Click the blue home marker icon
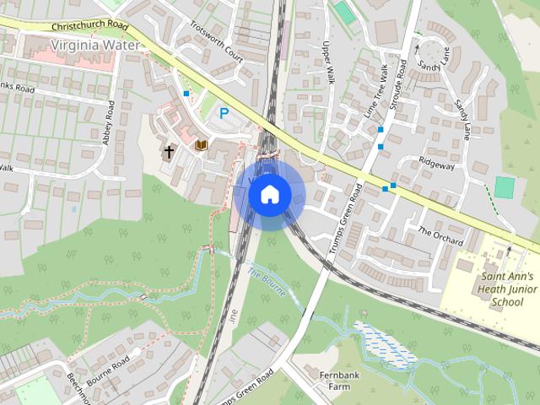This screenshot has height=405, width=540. point(269,194)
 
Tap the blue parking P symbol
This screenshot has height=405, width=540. point(224,111)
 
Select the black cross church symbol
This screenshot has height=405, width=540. point(169,152)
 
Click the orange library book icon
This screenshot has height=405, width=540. point(201,147)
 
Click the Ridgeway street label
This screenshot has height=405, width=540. point(436,165)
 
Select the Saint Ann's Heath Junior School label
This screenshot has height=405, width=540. point(507,289)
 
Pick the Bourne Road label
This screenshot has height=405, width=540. point(107,370)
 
